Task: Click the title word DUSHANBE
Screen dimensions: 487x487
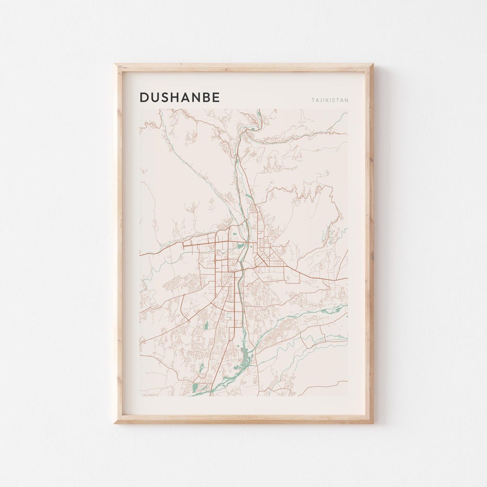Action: (179, 97)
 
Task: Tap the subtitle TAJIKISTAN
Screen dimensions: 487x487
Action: (330, 100)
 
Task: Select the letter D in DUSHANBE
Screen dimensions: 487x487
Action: (144, 97)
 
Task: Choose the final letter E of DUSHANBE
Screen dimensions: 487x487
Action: (216, 97)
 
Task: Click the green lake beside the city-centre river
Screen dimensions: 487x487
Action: (240, 246)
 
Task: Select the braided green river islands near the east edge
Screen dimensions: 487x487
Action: (331, 310)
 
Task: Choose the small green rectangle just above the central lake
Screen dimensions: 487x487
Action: (235, 234)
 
